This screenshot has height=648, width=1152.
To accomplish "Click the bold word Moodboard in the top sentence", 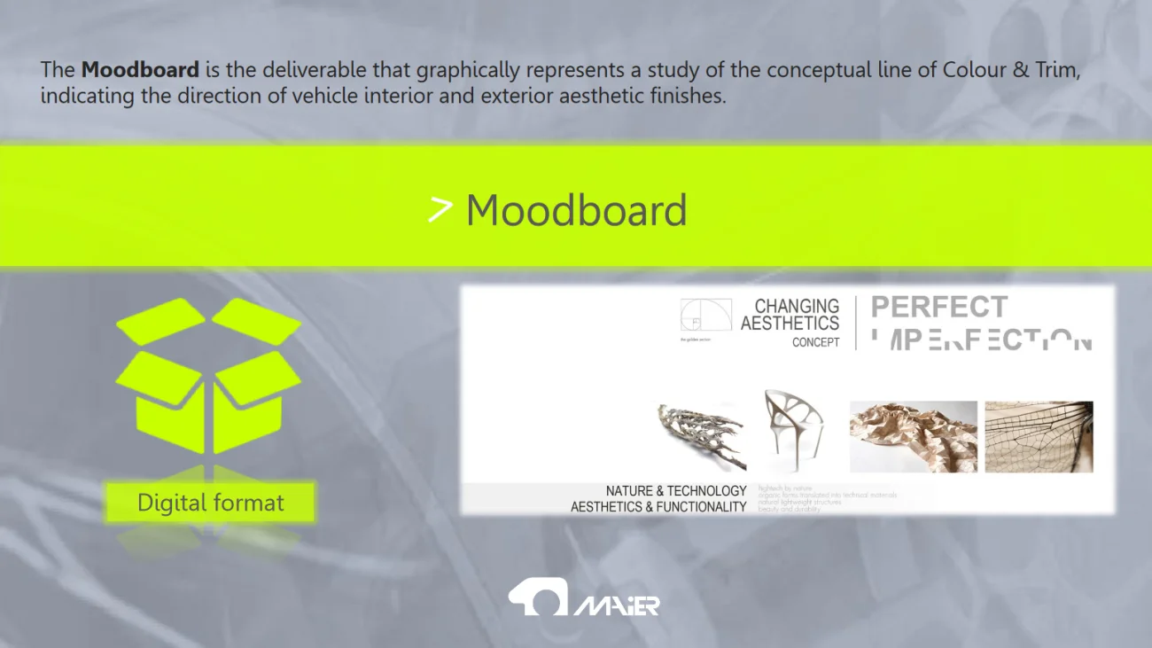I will coord(140,69).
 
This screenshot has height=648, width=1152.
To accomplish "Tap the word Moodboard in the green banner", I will coord(576,211).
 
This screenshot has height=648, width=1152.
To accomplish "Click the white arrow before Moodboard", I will coord(440,210).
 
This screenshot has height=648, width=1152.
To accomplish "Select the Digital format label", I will coord(210,503).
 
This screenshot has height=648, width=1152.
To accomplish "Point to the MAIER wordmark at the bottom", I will coord(617,605).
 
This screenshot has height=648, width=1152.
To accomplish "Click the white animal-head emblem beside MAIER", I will coord(537,597).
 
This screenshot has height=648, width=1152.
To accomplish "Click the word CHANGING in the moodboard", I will coord(797,307).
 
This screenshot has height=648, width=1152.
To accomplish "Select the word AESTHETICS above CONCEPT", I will coord(790,324).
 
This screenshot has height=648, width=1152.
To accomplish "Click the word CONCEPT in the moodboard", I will coord(815,342).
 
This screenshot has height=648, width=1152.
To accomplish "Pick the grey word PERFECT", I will coord(938,308).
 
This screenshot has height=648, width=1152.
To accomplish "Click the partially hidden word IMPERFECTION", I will coord(981,340).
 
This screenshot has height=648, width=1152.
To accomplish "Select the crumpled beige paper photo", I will coord(913,436).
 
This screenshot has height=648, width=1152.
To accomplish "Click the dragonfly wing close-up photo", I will coord(1039,436).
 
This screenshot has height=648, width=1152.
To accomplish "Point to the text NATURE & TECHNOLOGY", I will coord(676,490).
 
